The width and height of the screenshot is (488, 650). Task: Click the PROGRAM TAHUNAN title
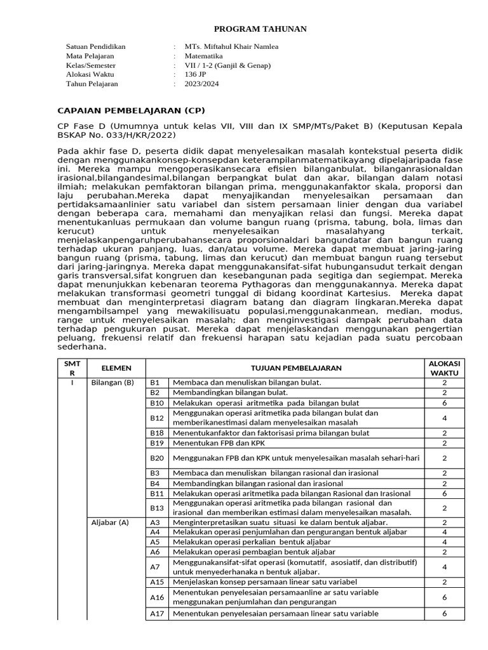[x=260, y=29]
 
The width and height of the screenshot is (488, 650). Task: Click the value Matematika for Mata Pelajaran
[x=203, y=56]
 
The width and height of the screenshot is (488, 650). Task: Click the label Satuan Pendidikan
[x=96, y=46]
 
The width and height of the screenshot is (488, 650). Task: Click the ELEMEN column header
[x=116, y=368]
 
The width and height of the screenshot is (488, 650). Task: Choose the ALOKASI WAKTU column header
[x=444, y=368]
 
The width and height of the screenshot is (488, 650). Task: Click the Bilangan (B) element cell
[x=112, y=383]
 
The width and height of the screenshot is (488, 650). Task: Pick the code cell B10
[x=157, y=403]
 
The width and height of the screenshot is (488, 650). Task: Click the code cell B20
[x=157, y=458]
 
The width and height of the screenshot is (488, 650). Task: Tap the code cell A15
[x=157, y=582]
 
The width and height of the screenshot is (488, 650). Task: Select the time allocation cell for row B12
[x=444, y=418]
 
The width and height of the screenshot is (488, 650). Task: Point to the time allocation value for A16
[x=444, y=597]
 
